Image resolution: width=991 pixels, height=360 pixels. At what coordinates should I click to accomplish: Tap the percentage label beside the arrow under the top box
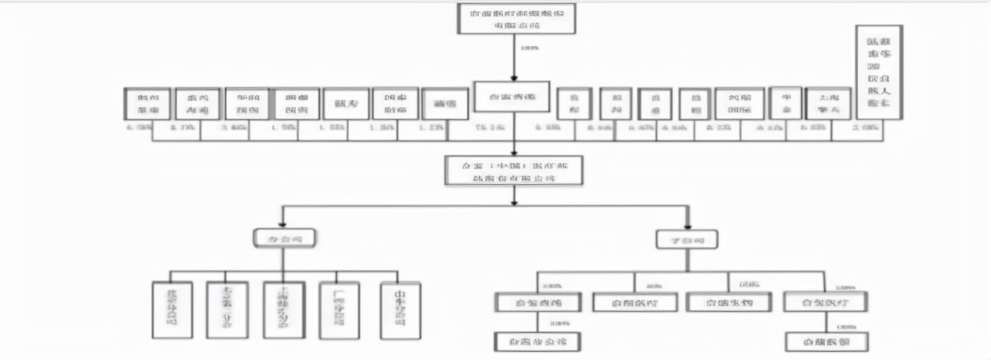[529, 48]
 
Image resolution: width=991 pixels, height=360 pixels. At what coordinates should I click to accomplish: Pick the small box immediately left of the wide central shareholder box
[445, 104]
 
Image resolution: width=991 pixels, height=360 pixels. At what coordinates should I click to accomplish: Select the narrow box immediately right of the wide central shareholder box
[575, 103]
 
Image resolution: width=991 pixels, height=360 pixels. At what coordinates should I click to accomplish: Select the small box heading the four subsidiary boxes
[687, 239]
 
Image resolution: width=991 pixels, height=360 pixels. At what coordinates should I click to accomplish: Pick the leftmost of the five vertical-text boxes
[172, 309]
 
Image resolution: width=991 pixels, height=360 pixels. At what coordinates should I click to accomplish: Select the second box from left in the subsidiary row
[635, 302]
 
